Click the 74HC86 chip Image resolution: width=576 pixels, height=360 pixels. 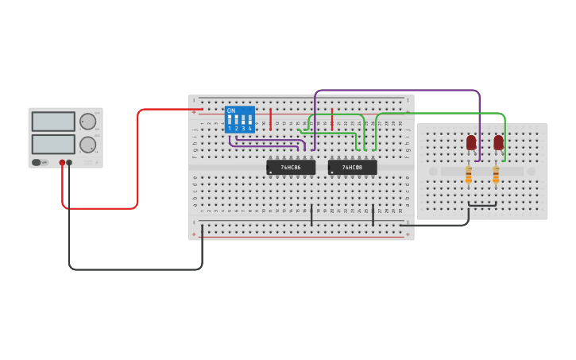click(x=291, y=168)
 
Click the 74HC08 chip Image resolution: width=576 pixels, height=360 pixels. click(x=352, y=168)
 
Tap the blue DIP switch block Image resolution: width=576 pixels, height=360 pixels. click(x=239, y=119)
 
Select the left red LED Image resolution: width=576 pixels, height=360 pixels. click(x=471, y=142)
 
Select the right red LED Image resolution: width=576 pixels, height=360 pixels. click(x=498, y=142)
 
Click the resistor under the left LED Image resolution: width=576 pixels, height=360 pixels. click(x=469, y=175)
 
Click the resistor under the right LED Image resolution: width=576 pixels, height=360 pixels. click(x=496, y=175)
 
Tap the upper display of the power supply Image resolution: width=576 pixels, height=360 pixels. click(x=53, y=122)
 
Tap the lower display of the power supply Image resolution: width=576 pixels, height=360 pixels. click(x=53, y=145)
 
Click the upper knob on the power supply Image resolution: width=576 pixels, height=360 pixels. click(x=87, y=122)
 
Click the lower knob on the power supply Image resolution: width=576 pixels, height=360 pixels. click(x=87, y=145)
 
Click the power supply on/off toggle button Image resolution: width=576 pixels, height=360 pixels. click(x=37, y=162)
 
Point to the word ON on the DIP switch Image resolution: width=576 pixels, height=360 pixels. click(x=231, y=110)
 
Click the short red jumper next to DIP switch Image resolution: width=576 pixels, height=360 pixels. click(x=271, y=119)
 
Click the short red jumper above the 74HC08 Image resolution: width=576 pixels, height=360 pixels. click(x=332, y=119)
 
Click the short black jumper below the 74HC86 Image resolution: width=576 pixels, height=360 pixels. click(x=311, y=215)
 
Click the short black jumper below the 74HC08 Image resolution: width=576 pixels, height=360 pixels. click(x=373, y=215)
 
